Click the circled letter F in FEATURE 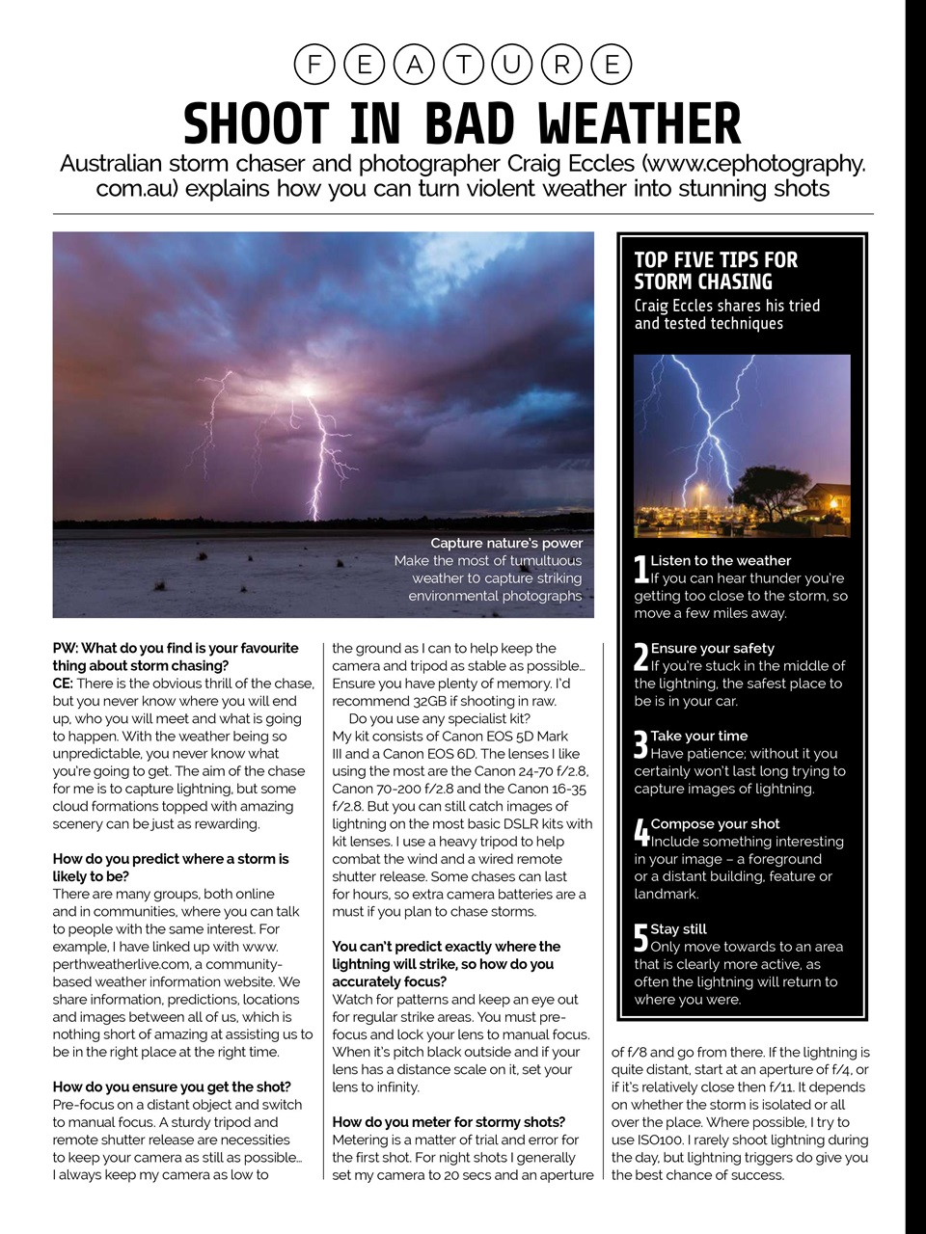click(313, 65)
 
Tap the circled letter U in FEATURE click(512, 65)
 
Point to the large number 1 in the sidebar click(640, 570)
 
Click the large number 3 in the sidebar click(640, 744)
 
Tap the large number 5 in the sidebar click(640, 938)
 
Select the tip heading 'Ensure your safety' click(712, 649)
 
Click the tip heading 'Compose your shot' click(715, 824)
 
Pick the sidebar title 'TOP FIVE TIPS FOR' click(716, 260)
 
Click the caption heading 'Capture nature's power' click(506, 543)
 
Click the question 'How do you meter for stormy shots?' click(449, 1122)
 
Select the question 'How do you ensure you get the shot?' click(172, 1086)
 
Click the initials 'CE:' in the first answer click(63, 684)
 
